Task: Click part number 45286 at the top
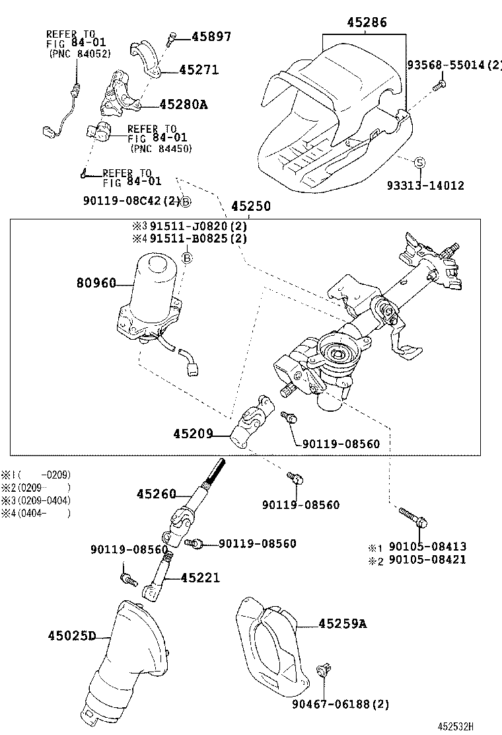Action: click(x=367, y=23)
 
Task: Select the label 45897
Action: click(x=211, y=37)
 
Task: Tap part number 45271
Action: click(x=199, y=70)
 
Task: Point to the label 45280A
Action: click(x=183, y=104)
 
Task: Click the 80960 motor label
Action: click(x=96, y=284)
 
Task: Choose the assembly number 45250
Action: click(x=250, y=206)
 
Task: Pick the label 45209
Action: click(x=193, y=434)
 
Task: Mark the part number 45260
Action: click(x=157, y=494)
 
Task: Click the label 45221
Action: click(x=200, y=578)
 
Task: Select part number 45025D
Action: click(x=72, y=636)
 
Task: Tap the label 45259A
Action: click(x=342, y=623)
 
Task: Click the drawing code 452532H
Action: click(x=473, y=726)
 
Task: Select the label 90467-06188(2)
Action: click(x=340, y=705)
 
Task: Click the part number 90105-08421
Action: click(x=427, y=560)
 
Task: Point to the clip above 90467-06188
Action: click(x=324, y=670)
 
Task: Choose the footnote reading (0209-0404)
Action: click(x=44, y=500)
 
